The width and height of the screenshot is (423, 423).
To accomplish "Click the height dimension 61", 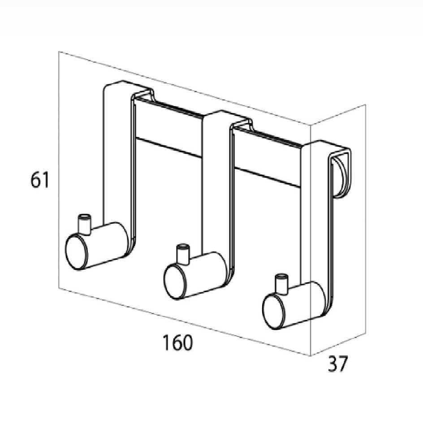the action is click(39, 180).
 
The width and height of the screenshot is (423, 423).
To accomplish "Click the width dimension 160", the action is click(177, 342).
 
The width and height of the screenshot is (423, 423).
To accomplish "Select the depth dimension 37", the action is click(338, 363).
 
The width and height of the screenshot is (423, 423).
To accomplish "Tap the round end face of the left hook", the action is click(77, 252).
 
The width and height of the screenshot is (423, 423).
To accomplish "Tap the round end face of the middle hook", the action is click(175, 281).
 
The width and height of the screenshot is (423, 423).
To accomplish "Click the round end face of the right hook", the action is click(274, 311).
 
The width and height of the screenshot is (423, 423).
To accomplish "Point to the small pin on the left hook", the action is click(84, 224).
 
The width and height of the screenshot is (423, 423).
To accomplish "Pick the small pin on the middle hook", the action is click(183, 254).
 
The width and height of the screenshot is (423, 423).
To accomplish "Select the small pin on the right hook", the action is click(281, 284).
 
